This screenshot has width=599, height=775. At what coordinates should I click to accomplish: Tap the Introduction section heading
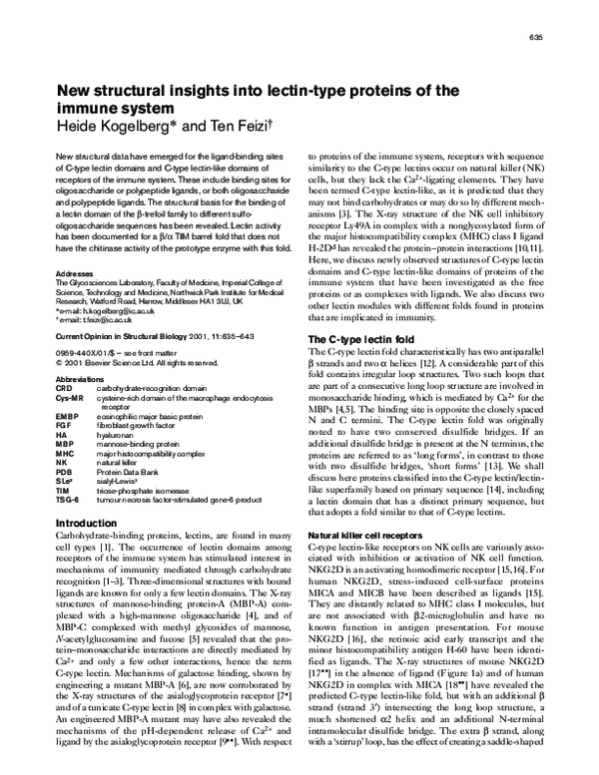[x=83, y=523]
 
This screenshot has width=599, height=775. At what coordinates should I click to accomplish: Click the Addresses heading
[x=75, y=271]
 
